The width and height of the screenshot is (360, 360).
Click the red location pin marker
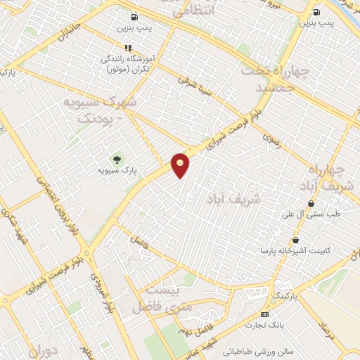click(181, 165)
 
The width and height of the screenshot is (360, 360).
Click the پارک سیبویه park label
click(117, 170)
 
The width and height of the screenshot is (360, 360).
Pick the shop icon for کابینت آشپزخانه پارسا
click(295, 240)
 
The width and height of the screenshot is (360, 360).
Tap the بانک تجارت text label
click(264, 325)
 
